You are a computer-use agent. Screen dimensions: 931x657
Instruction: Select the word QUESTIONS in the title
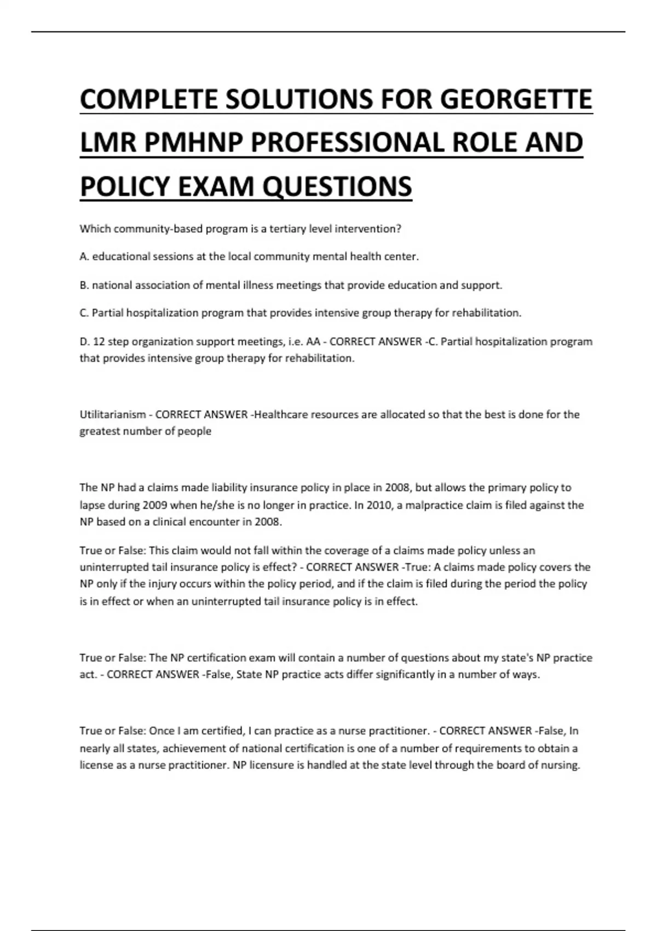click(337, 186)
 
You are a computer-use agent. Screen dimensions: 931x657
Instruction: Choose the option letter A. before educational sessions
click(84, 256)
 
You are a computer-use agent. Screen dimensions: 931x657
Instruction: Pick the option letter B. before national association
click(84, 285)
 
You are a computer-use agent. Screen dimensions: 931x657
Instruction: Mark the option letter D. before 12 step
click(85, 342)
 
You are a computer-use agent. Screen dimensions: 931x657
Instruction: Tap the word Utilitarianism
click(113, 415)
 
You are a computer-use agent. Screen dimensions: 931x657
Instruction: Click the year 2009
click(154, 505)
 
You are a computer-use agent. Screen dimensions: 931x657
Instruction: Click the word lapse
click(92, 505)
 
